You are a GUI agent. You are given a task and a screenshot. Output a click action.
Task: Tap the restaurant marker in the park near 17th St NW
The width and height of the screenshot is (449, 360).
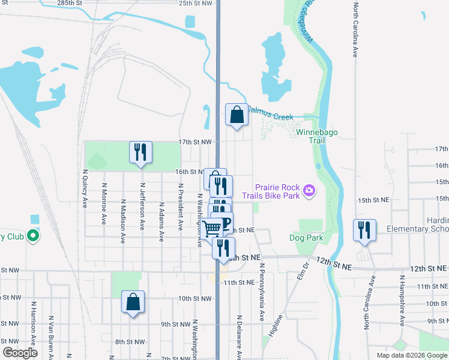[x=141, y=152]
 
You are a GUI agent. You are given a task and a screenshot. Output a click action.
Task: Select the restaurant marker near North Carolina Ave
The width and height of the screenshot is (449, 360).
[x=364, y=230]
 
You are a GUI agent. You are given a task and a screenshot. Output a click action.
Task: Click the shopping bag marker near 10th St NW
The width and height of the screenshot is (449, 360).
[x=133, y=302]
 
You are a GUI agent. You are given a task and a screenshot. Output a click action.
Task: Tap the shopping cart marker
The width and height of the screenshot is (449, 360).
[x=211, y=228]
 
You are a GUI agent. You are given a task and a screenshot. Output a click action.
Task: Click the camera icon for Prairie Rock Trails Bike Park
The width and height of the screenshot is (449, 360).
[x=309, y=191]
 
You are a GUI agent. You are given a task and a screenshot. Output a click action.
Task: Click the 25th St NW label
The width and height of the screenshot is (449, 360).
[x=195, y=3]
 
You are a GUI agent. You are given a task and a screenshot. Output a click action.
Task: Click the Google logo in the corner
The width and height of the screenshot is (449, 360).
[x=19, y=353]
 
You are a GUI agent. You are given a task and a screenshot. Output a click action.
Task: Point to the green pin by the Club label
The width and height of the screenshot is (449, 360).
[x=33, y=236]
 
